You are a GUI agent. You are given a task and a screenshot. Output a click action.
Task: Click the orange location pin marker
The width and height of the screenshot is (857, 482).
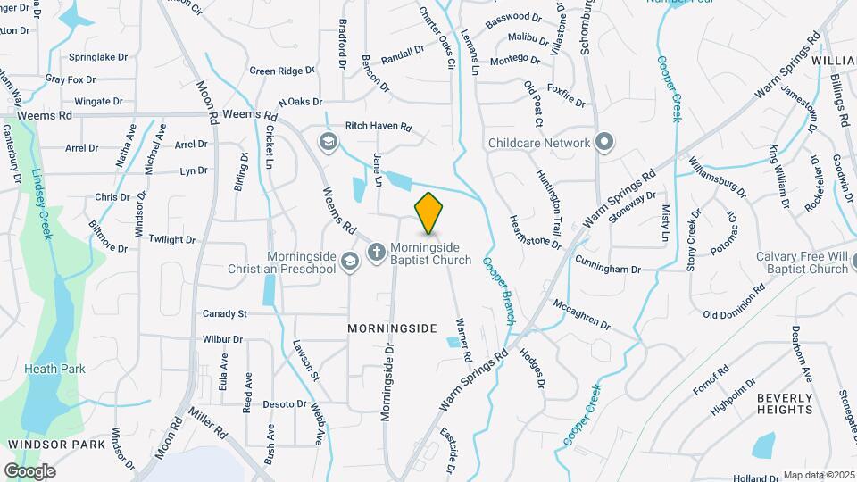pos(428,212)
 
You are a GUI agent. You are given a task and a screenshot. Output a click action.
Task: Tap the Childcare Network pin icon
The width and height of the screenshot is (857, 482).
pos(604,142)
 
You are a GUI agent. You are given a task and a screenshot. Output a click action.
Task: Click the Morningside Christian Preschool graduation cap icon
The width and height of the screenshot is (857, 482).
pos(350,260)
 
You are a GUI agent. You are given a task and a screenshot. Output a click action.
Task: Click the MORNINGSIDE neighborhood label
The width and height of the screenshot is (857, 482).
pos(391,328)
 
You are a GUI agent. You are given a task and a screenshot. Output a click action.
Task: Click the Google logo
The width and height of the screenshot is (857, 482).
pos(29,470)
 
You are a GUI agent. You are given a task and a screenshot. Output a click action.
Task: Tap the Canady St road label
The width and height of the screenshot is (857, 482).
pos(224,313)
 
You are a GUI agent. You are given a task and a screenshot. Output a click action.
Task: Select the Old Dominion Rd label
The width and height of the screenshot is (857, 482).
pos(734,302)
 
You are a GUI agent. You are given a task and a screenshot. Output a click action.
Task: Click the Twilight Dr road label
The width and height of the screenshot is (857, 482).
pos(171,239)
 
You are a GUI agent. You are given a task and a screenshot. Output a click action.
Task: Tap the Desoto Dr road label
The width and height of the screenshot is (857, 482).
pos(285,404)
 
